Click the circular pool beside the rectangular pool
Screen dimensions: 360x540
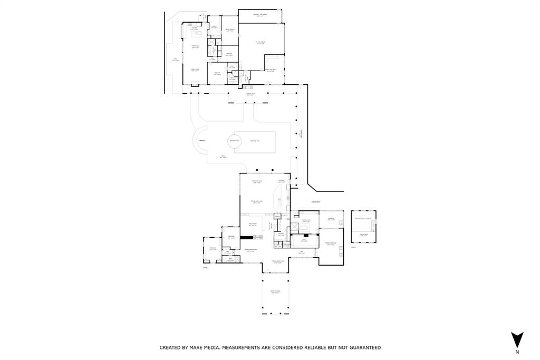(x=234, y=141)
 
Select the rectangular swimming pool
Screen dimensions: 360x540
(x=254, y=141)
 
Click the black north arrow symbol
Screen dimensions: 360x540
(x=517, y=339)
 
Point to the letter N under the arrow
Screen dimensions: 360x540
(x=517, y=352)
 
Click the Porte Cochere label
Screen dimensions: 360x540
(x=275, y=291)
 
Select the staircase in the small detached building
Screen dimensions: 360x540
(x=373, y=226)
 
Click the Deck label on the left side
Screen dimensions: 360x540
(x=176, y=60)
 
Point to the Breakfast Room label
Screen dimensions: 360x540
(x=257, y=182)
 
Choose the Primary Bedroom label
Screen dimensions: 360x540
(x=331, y=244)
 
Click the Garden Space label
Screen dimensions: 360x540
(x=316, y=201)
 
